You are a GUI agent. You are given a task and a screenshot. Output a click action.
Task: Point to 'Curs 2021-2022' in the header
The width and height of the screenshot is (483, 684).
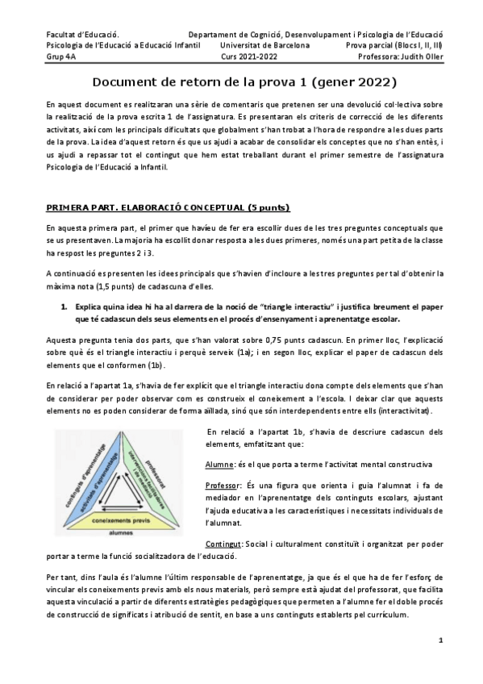[249, 57]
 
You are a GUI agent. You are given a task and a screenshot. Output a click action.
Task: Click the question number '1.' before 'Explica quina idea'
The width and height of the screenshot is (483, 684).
[66, 307]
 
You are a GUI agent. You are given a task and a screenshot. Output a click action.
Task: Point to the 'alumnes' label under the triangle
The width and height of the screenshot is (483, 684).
[121, 533]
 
